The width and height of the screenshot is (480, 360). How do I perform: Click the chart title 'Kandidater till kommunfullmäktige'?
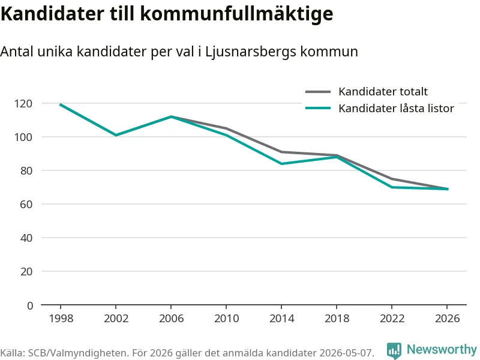[167, 14]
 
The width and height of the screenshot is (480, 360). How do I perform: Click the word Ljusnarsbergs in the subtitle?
[251, 52]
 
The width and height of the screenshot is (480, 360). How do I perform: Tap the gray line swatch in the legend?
[318, 92]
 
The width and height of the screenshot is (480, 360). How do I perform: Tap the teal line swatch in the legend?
[318, 108]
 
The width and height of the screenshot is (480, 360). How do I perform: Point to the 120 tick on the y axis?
[23, 103]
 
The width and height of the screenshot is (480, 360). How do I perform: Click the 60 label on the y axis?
[26, 204]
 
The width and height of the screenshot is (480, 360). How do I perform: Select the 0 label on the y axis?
[29, 305]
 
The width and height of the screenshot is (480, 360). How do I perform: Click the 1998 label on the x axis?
[61, 319]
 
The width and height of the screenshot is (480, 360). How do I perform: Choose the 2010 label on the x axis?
[226, 319]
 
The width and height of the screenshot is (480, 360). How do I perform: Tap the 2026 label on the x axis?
[447, 319]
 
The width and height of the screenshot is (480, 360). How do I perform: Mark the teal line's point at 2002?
[116, 135]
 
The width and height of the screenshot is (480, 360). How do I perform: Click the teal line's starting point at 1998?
[61, 104]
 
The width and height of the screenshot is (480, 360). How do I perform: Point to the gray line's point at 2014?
[281, 152]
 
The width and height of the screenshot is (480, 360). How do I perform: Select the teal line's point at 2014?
[281, 164]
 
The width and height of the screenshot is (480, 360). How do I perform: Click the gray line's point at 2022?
[392, 179]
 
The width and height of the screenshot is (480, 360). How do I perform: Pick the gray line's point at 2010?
[226, 128]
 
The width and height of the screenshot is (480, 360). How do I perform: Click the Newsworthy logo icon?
[394, 350]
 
